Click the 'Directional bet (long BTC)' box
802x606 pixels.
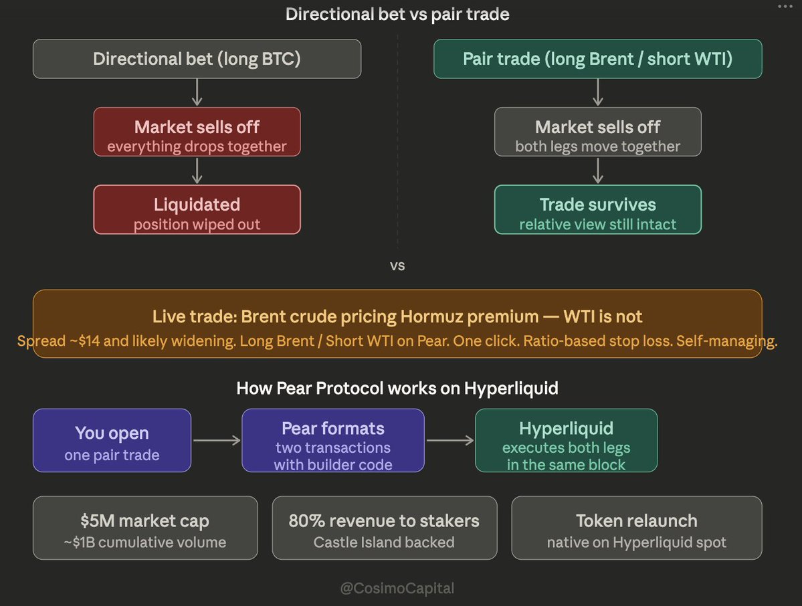(x=197, y=59)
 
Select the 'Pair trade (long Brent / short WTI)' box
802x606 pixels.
(x=597, y=59)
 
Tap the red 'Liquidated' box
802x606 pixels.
(x=197, y=209)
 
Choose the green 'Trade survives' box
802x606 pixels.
(x=597, y=209)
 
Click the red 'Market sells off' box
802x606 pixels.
(x=197, y=132)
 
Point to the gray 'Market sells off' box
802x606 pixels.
(x=597, y=132)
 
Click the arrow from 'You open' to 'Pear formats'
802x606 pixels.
(x=217, y=440)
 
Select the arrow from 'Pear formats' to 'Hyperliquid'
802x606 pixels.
(x=450, y=440)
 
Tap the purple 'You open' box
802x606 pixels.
(x=112, y=440)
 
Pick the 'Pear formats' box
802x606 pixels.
(x=333, y=440)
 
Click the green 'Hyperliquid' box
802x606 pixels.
(x=566, y=440)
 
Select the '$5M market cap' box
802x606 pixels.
(x=145, y=528)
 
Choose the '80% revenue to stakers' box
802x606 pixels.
(x=385, y=528)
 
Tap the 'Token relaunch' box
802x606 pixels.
(x=637, y=528)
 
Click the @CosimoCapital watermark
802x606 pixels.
(x=397, y=588)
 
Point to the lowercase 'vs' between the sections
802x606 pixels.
(x=397, y=266)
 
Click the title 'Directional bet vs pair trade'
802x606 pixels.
(x=397, y=14)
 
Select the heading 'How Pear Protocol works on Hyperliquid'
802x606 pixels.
(x=397, y=388)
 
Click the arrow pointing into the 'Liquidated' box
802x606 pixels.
(x=197, y=171)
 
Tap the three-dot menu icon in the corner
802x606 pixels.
(x=785, y=7)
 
